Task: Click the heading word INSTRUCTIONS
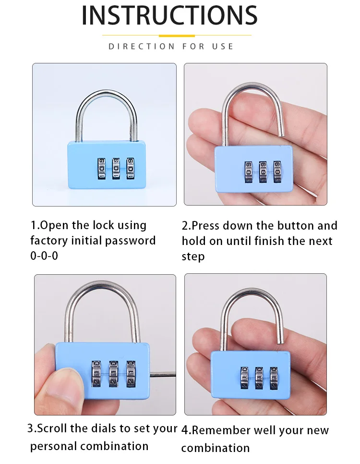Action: click(169, 15)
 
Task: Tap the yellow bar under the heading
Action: click(177, 36)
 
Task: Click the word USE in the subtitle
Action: click(223, 47)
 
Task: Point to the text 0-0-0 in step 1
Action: click(44, 256)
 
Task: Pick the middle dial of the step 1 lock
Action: click(116, 169)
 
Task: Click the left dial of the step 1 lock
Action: click(102, 169)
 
